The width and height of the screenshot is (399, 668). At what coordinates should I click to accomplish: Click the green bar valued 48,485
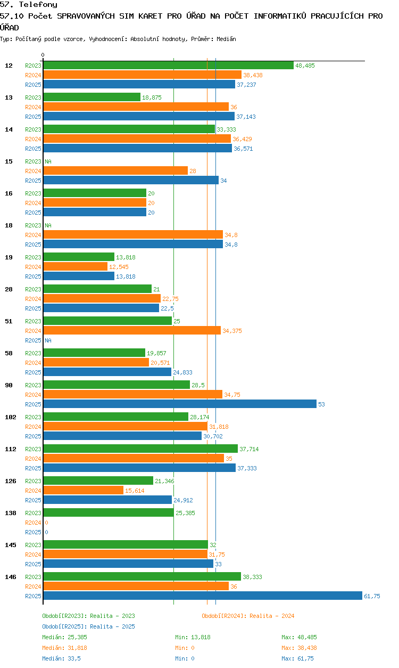coord(169,66)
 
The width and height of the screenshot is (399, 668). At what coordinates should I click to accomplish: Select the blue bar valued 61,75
coord(203,596)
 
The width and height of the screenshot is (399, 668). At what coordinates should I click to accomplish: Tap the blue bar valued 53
coord(180,404)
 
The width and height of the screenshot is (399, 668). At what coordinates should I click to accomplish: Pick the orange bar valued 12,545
coord(76,266)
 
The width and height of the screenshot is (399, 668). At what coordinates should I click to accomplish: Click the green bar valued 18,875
coord(92,97)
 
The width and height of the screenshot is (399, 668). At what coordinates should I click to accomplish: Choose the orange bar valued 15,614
coord(84,490)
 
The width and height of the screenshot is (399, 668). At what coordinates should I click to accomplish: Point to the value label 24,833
coord(182,372)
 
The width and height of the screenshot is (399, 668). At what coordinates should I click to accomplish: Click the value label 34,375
coord(232,331)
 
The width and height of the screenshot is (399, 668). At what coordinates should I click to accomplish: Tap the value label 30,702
coord(213,436)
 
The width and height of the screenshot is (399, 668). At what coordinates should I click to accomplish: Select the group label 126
coord(11,481)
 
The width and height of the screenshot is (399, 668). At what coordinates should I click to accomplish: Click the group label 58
coord(9,353)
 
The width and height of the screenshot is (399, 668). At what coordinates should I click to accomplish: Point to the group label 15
coord(9,161)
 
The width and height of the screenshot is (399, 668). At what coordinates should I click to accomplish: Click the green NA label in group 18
coord(48,225)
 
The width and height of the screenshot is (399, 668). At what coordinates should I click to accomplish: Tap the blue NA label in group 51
coord(48,340)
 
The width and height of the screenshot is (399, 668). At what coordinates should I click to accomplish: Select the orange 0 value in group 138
coord(46,523)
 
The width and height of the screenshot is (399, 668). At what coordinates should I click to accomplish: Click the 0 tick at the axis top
coord(43,55)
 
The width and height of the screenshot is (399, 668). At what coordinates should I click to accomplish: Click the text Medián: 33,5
coord(61,658)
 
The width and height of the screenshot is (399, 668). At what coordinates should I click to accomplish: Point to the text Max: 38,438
coord(299,648)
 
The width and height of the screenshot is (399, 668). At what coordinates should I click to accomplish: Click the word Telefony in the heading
coord(38,4)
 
